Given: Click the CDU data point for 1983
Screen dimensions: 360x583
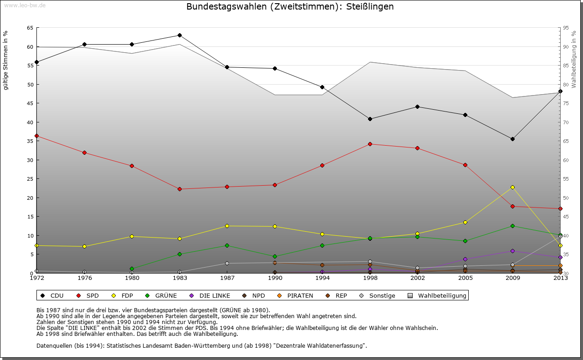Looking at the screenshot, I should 179,35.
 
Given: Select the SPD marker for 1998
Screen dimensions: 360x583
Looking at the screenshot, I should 370,144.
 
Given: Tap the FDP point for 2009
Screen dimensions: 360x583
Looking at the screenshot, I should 512,187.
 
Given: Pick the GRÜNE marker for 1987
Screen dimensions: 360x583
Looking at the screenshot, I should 227,245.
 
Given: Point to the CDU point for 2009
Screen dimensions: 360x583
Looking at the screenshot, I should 512,139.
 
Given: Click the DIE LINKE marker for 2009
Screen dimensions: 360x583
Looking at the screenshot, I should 512,251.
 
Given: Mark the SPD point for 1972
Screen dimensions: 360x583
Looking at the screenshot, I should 36,136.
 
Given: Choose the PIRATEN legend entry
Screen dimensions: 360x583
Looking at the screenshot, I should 296,296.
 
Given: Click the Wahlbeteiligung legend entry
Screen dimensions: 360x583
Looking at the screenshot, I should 437,296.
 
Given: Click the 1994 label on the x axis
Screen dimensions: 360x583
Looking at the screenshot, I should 322,279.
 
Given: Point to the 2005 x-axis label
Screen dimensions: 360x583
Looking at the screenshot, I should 465,279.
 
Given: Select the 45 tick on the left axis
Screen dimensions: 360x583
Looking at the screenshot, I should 30,103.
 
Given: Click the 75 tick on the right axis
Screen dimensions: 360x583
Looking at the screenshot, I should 565,103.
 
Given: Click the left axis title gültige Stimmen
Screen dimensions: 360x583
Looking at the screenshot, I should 6,60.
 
